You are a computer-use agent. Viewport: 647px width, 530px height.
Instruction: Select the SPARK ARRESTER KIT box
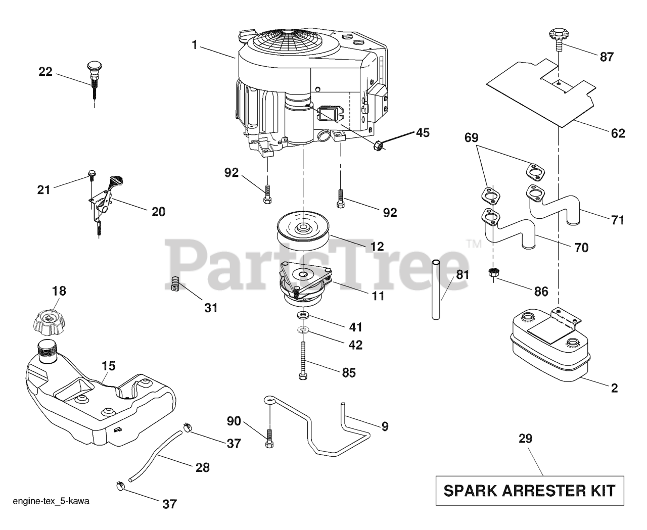(530, 491)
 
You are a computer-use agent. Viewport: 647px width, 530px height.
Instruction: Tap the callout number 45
(423, 132)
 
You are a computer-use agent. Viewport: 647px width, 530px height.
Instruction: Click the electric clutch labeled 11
(305, 284)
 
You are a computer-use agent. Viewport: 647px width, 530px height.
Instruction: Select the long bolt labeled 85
(303, 361)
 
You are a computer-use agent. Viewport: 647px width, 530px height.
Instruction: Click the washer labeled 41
(304, 315)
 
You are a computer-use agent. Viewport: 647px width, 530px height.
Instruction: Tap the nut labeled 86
(493, 272)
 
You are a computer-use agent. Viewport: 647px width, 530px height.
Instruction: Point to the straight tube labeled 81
(436, 290)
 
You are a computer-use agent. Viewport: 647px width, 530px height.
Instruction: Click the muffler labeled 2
(550, 349)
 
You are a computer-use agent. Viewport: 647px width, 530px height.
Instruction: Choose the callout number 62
(618, 133)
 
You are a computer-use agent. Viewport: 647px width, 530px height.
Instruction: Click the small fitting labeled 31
(174, 283)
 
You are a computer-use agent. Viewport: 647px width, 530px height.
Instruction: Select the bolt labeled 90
(269, 438)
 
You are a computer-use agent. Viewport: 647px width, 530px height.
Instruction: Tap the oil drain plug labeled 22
(94, 79)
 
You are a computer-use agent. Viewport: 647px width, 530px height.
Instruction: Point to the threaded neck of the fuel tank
(48, 350)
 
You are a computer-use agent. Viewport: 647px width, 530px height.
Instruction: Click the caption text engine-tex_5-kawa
(51, 502)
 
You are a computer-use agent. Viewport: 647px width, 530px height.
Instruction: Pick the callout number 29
(525, 439)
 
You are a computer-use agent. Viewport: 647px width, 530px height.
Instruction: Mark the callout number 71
(618, 220)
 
